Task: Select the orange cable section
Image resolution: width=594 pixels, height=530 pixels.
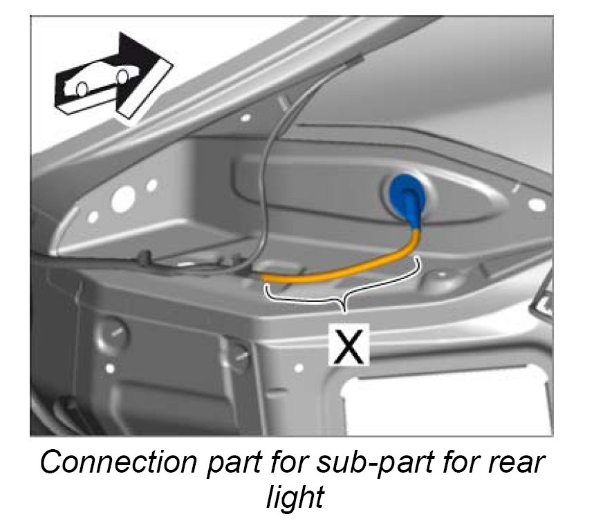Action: pos(346,270)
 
